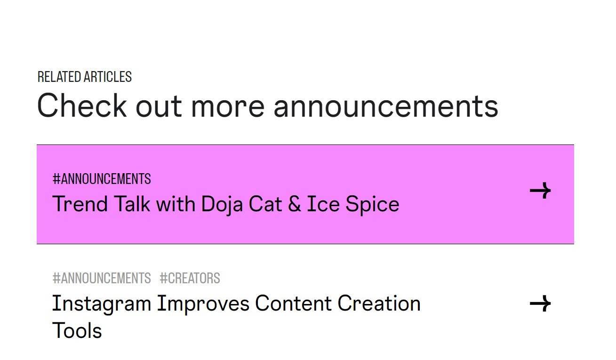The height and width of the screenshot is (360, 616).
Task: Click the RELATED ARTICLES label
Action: tap(84, 77)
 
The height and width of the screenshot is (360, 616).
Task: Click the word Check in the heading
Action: tap(82, 105)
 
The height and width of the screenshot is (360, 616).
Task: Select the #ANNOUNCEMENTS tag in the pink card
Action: tap(102, 179)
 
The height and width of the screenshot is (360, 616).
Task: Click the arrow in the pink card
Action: tap(540, 190)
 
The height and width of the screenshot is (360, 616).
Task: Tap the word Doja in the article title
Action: tap(222, 205)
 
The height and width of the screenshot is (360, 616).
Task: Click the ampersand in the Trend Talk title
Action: tap(294, 204)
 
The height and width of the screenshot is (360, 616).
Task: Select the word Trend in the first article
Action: tap(80, 204)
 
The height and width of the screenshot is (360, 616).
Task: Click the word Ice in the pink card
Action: tap(323, 204)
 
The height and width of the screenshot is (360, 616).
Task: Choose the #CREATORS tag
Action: tap(190, 278)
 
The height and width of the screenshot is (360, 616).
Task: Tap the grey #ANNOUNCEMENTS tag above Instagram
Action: tap(102, 278)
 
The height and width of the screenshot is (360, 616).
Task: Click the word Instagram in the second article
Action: tap(102, 304)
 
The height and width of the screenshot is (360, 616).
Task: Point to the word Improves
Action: tap(203, 304)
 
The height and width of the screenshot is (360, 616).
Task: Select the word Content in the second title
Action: tap(293, 303)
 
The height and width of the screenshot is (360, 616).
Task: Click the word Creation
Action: tap(379, 303)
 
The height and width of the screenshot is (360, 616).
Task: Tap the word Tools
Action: tap(77, 330)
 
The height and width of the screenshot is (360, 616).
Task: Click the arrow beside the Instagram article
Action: tap(540, 304)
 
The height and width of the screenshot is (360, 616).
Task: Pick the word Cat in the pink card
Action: tap(265, 204)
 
